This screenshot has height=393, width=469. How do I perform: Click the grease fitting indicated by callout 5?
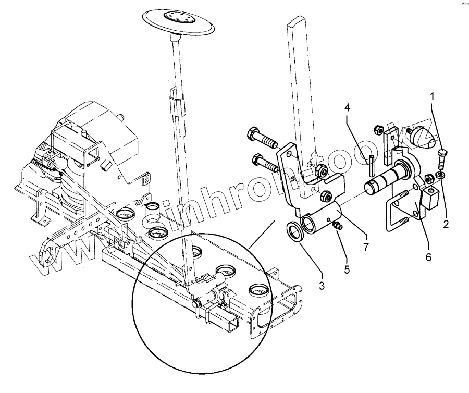point(336,226)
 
